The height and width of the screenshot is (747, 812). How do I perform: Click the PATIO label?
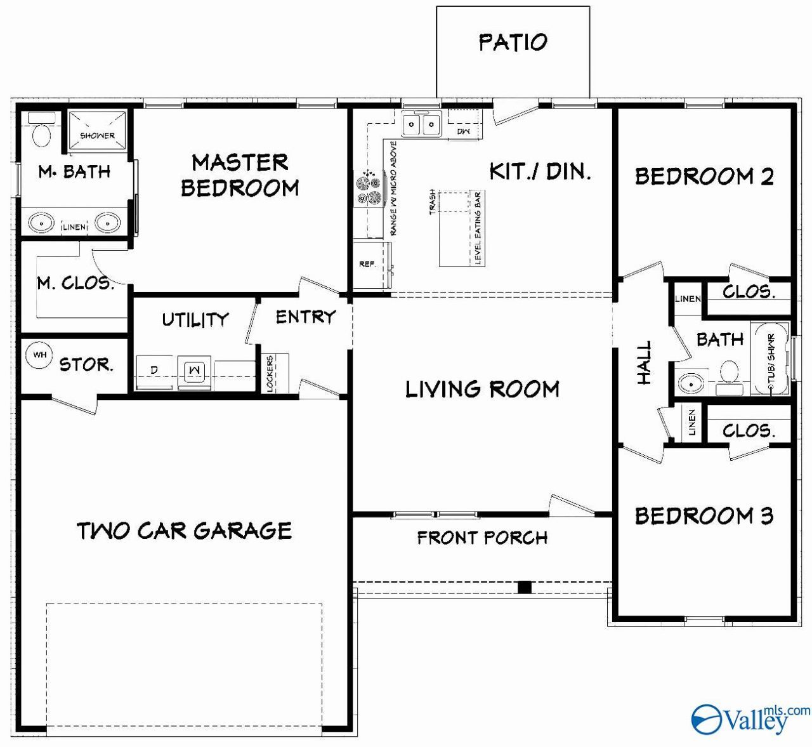pos(513,43)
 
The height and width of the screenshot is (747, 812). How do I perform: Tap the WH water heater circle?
pos(39,355)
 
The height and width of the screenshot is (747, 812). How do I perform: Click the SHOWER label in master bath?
pos(97,136)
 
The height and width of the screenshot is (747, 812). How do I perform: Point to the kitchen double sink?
pos(421,123)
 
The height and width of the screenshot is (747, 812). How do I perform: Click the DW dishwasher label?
pos(464,131)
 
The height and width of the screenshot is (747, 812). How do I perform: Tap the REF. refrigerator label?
pos(367,264)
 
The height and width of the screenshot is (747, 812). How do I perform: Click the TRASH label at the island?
pos(432,202)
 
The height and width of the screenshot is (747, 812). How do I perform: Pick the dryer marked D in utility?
pos(154,373)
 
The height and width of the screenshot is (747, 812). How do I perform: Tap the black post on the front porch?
pos(524,587)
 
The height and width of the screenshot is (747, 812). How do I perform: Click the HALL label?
pos(644,362)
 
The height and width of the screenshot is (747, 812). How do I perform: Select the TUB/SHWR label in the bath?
pos(771,358)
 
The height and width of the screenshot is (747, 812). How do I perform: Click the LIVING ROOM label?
pos(482,389)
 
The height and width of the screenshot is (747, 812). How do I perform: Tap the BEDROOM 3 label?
pos(704,516)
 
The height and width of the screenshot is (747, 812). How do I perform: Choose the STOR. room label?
pos(86,364)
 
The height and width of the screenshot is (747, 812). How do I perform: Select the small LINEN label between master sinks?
pos(74,227)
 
